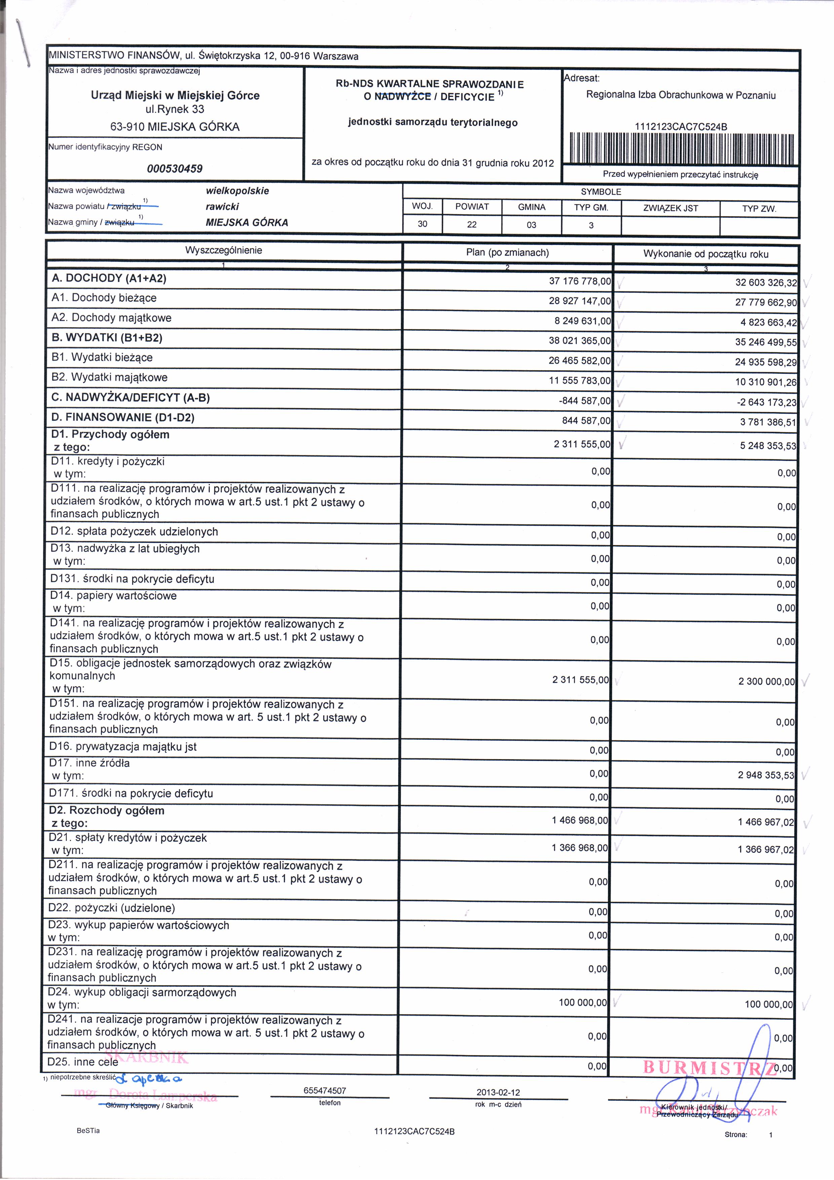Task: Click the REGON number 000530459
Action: (175, 169)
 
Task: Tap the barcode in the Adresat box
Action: (681, 149)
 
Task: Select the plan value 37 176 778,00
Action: (580, 281)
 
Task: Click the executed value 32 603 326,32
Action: (766, 283)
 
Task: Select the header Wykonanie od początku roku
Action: (706, 254)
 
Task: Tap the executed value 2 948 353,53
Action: (766, 775)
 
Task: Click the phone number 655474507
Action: (329, 1091)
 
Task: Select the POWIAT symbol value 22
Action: (472, 225)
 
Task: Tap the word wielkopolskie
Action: (237, 191)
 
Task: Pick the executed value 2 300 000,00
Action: (766, 681)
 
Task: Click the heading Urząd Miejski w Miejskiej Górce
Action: (175, 95)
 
